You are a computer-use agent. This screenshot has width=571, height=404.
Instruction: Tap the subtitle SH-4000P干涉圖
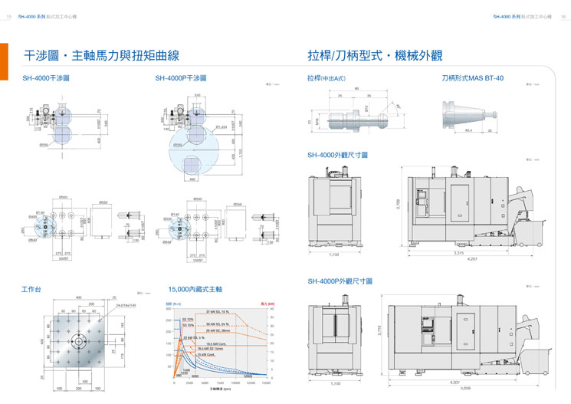tap(181, 78)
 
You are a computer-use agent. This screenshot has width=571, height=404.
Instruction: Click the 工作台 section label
tap(31, 289)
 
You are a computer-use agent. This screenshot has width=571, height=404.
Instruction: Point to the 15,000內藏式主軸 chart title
tap(195, 289)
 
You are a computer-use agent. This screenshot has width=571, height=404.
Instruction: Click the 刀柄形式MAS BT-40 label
tap(473, 78)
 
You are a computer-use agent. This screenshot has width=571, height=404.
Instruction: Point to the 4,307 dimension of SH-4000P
tap(455, 381)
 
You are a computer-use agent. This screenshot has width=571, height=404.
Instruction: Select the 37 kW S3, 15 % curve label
tap(218, 312)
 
